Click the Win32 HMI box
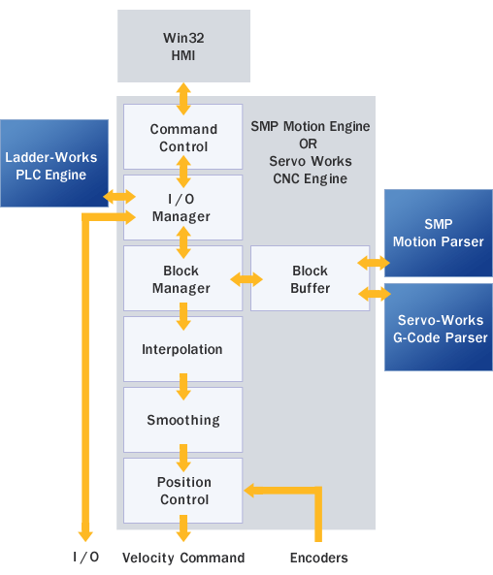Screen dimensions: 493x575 [x=183, y=46]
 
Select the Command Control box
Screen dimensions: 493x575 [x=182, y=137]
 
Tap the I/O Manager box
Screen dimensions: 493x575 [x=182, y=208]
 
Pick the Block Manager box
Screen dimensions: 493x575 [x=182, y=278]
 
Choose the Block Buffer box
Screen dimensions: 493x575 [x=311, y=278]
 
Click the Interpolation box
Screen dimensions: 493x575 [x=182, y=349]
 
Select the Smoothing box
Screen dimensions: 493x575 [x=182, y=420]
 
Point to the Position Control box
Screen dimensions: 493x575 [x=182, y=491]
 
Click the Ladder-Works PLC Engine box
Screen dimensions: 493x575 [x=54, y=163]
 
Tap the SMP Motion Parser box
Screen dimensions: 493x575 [x=439, y=234]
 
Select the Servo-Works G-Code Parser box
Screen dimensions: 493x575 [x=439, y=327]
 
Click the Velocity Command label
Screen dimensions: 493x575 [x=183, y=558]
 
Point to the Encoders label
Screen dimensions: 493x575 [x=319, y=558]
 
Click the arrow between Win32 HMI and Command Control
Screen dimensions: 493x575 [x=183, y=99]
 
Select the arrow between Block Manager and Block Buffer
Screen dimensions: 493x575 [x=246, y=279]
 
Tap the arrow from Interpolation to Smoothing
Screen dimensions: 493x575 [x=183, y=387]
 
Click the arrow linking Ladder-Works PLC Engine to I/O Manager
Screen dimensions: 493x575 [x=119, y=197]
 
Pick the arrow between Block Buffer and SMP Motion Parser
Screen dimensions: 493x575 [x=374, y=263]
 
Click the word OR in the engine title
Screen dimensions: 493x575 [x=308, y=144]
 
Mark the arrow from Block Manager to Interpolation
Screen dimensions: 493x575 [x=183, y=316]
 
